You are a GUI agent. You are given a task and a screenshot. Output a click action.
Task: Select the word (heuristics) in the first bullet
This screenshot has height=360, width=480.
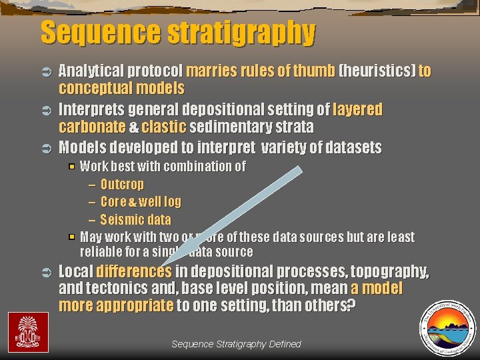pos(377,71)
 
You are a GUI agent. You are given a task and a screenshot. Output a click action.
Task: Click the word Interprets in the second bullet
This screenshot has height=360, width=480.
pos(90,109)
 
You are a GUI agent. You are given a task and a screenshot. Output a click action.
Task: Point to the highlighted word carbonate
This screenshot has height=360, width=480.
pos(91,127)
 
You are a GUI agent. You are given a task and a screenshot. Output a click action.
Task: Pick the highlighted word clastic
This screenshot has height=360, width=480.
pos(163,127)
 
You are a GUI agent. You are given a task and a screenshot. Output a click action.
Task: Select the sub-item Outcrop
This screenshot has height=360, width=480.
pos(122,184)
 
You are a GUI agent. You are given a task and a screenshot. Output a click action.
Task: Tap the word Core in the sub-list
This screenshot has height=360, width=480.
pos(113,201)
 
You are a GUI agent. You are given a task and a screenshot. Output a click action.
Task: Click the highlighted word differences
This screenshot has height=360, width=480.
pos(134,271)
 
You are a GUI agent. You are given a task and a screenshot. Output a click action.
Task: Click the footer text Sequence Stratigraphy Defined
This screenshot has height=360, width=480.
pos(236,344)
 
